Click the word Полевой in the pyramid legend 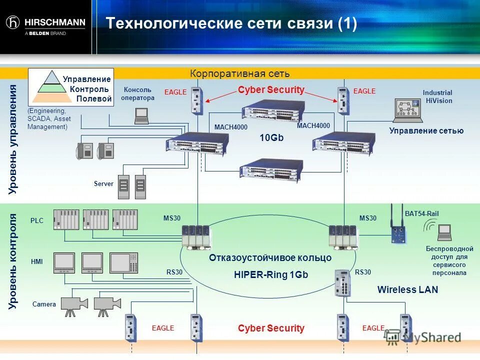[x=94, y=98]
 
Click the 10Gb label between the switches [x=271, y=137]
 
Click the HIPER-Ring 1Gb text [x=270, y=274]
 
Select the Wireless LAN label [x=407, y=289]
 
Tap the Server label [x=103, y=184]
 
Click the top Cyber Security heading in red [x=270, y=90]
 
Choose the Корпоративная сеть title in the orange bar [x=239, y=74]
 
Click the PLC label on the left [x=37, y=220]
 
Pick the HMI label [x=36, y=261]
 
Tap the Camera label [x=44, y=304]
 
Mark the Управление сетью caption [x=426, y=131]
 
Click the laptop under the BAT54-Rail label [x=444, y=231]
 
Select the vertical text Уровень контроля [x=13, y=261]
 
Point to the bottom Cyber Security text [x=270, y=328]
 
